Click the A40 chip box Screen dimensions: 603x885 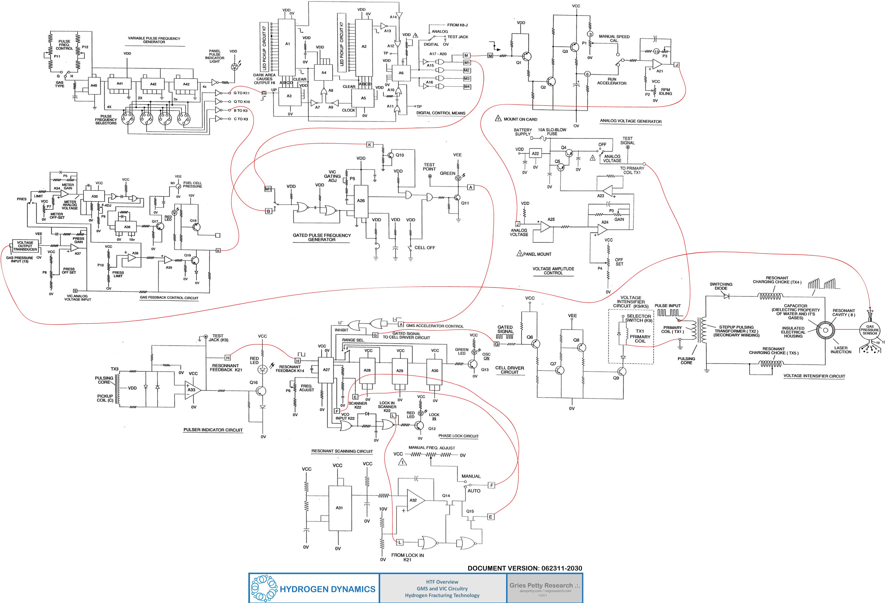[x=94, y=86]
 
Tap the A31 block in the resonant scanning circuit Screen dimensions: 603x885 [x=339, y=508]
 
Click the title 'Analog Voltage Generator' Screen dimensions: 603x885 [x=631, y=121]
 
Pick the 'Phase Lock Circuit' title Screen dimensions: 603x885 [x=458, y=436]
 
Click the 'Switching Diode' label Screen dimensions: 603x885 [x=721, y=286]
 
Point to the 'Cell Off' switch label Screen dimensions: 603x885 [x=425, y=248]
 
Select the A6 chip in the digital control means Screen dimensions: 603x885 [x=401, y=73]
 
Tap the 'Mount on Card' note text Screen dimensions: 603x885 [x=520, y=119]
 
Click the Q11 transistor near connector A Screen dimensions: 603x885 [x=457, y=198]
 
